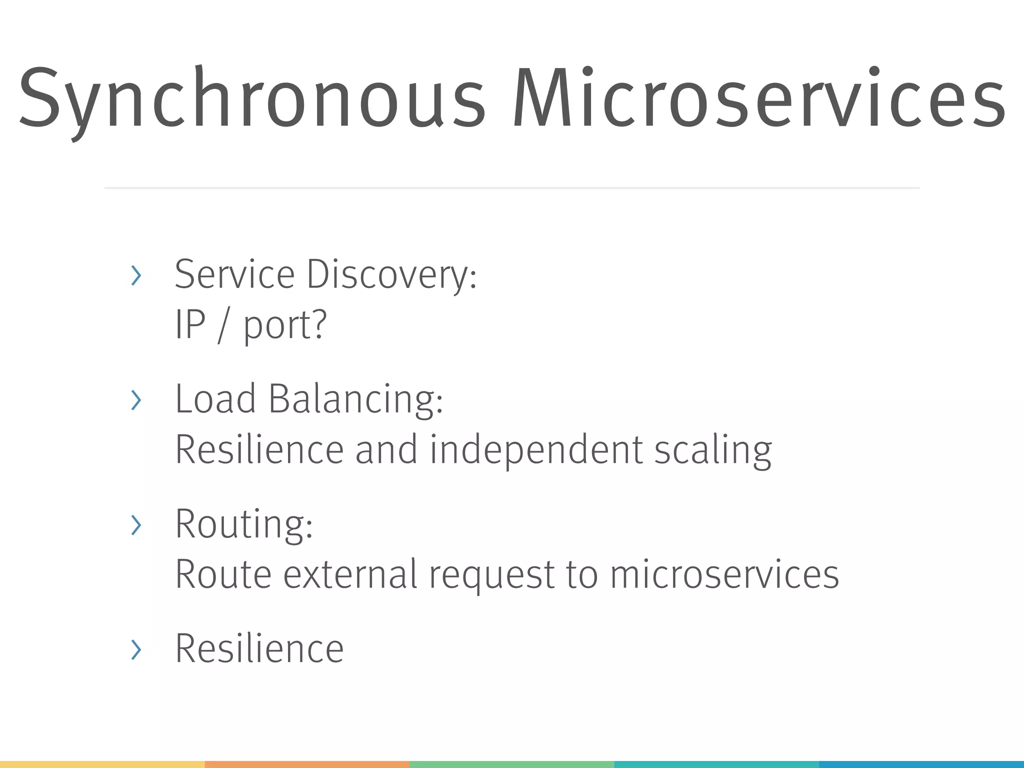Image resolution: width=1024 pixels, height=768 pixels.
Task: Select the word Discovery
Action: [391, 275]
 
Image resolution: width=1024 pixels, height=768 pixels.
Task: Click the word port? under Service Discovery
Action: [285, 325]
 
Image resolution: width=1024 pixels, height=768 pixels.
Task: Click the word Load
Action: [215, 398]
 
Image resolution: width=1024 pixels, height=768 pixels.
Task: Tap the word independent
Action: [535, 449]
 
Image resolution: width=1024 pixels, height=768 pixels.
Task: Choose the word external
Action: [350, 574]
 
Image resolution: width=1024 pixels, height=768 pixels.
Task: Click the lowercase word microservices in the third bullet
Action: [724, 574]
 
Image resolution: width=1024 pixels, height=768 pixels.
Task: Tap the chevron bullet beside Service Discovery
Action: [135, 275]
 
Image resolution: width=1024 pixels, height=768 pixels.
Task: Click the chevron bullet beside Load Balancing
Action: [135, 400]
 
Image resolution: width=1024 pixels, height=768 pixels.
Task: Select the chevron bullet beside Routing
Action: [135, 524]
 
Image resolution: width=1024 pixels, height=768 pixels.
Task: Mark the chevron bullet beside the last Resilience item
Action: [135, 649]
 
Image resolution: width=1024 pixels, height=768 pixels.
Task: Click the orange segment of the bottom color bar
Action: [307, 764]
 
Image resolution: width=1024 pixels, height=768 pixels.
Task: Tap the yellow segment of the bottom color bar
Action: [102, 764]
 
